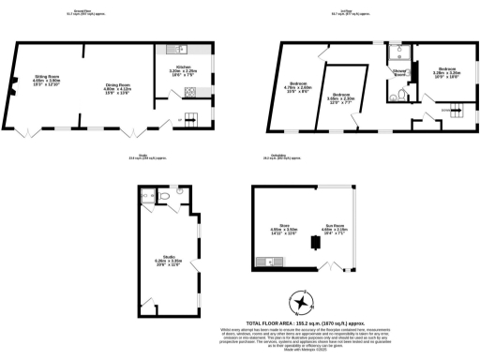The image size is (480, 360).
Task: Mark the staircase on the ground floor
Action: point(191,116)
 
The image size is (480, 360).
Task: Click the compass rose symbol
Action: point(302,301)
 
